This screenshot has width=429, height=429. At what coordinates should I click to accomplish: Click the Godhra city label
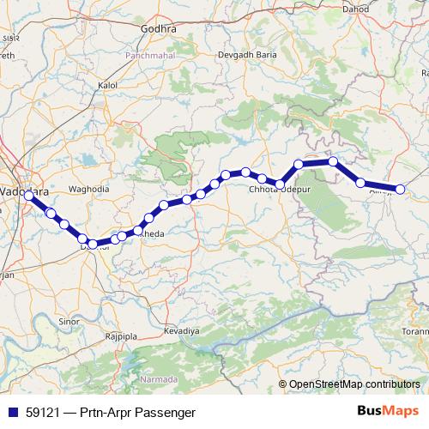[159, 28]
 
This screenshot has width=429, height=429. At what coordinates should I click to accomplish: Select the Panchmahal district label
[148, 54]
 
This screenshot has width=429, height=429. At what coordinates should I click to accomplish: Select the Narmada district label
[160, 378]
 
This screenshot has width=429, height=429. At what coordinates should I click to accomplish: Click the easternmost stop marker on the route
[400, 189]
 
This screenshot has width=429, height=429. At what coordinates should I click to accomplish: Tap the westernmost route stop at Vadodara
[28, 196]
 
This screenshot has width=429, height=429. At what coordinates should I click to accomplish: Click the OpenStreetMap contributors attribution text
[354, 384]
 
